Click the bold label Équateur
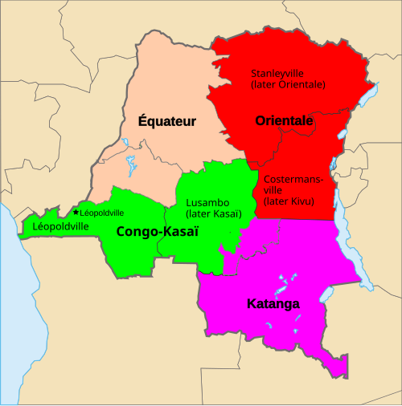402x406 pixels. (167, 122)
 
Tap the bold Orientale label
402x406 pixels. (284, 121)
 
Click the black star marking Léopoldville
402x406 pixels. (76, 213)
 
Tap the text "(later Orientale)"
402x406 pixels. (288, 83)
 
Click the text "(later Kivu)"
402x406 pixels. (288, 201)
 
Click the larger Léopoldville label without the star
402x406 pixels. (61, 227)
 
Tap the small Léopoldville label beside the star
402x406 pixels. (102, 213)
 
